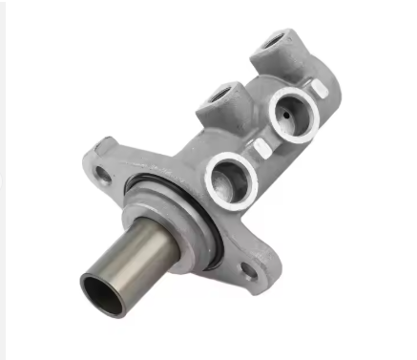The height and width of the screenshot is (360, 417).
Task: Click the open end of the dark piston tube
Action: [101, 292]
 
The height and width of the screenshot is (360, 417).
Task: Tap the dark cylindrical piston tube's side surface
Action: [143, 252]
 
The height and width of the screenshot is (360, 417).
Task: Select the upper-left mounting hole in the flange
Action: [102, 172]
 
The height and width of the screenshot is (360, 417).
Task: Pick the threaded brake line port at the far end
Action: [275, 40]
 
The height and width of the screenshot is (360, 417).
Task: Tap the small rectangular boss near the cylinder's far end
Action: [319, 88]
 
